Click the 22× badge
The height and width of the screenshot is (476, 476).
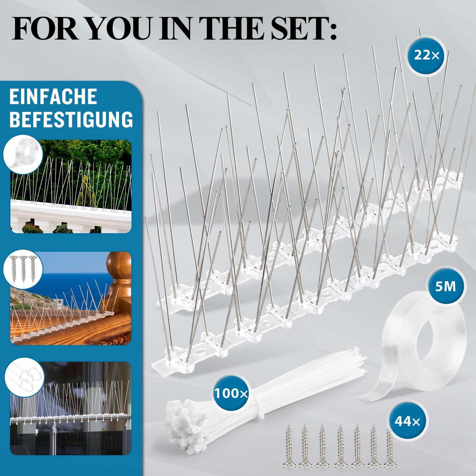(426, 55)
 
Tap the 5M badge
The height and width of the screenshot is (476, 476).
(445, 286)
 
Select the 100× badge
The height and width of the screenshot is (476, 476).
(231, 393)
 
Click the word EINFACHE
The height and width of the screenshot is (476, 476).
(53, 96)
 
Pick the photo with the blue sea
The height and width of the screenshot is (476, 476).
(71, 298)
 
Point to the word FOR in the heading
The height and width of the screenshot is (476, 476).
(42, 30)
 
